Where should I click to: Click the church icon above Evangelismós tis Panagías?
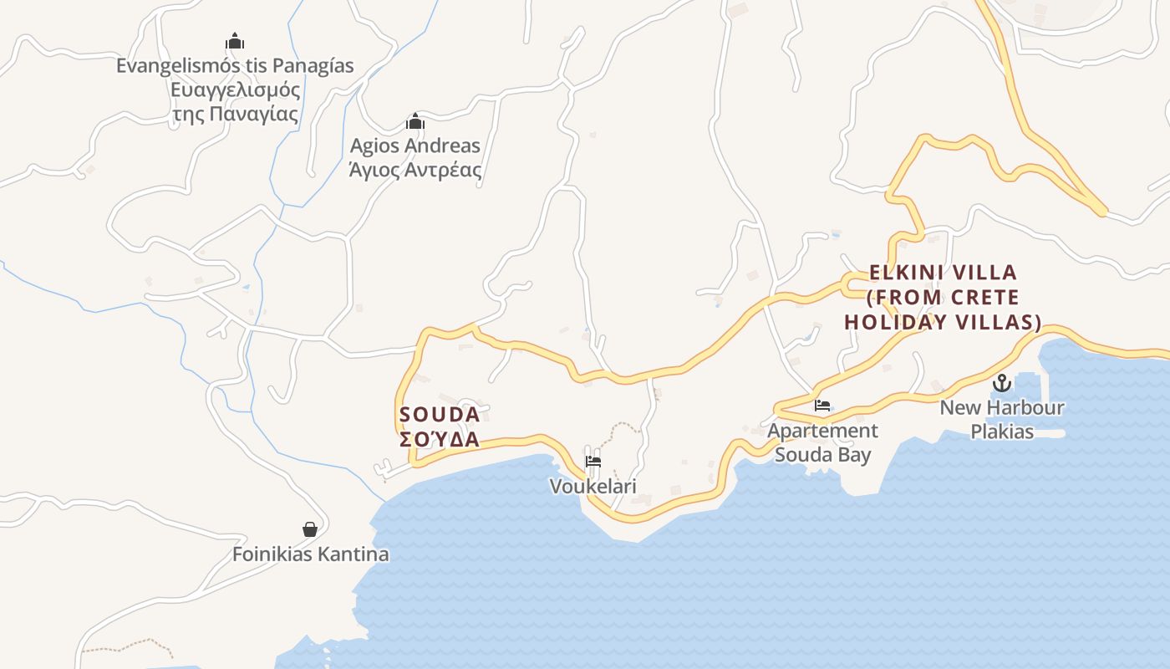point(235,40)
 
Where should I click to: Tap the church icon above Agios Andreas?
point(415,122)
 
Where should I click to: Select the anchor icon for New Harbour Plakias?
point(1001,384)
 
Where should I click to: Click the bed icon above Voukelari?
point(593,462)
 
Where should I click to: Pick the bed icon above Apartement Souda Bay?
point(822,406)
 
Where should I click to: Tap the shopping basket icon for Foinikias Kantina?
point(310,529)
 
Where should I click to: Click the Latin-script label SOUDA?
point(440,415)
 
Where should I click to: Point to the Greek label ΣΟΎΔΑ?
point(440,440)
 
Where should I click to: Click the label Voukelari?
point(593,486)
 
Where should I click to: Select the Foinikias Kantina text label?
point(310,554)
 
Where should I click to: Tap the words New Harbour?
point(1001,408)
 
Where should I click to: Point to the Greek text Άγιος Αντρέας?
point(415,170)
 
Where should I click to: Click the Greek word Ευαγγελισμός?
point(235,89)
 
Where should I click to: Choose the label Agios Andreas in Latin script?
point(415,146)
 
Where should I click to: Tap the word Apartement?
point(822,431)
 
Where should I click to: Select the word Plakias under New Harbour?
point(1001,432)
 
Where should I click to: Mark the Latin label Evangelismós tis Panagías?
point(235,65)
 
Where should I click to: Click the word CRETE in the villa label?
point(984,298)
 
